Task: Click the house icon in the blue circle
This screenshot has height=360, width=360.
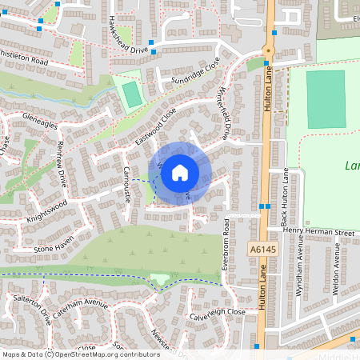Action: (x=180, y=173)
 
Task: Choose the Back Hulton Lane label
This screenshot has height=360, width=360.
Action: (x=286, y=194)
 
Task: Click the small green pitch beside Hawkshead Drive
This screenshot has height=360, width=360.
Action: (x=130, y=94)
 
